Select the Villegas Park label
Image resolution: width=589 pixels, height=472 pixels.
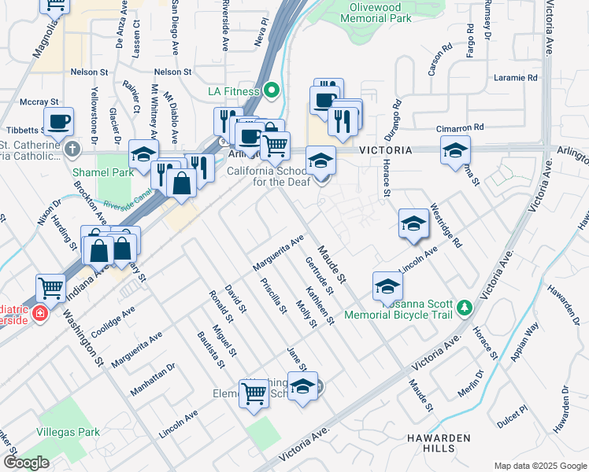coord(67,432)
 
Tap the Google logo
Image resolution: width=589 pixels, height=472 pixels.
coord(26,463)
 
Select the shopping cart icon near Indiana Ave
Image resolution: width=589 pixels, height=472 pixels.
coord(51,288)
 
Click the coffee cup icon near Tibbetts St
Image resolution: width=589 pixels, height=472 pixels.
coord(59,121)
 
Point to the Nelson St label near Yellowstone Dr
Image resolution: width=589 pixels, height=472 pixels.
coord(87,72)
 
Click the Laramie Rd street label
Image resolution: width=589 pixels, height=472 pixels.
coord(515,78)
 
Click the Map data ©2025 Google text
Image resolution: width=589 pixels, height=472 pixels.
coord(540,465)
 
